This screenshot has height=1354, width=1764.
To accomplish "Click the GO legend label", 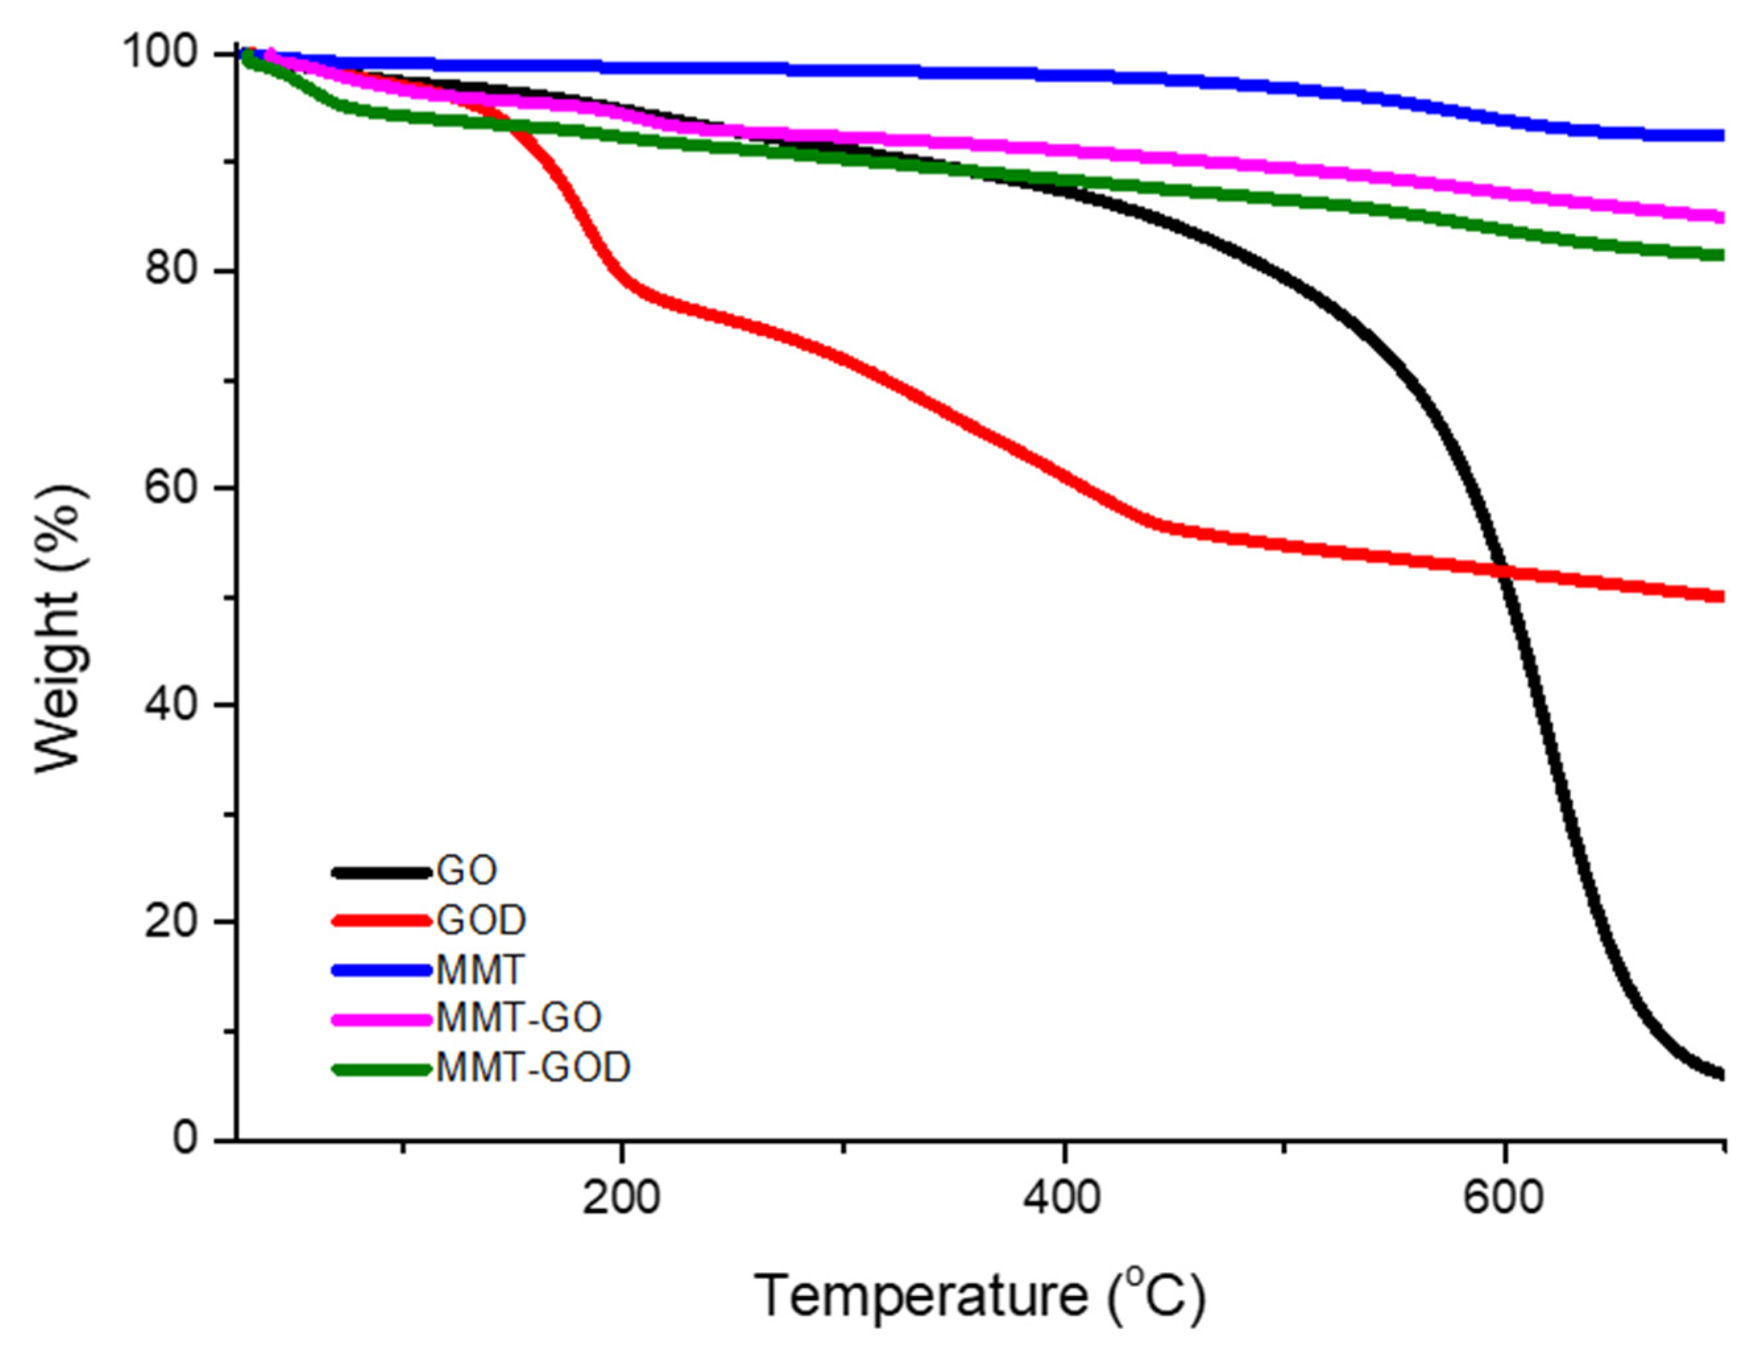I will coord(467,870).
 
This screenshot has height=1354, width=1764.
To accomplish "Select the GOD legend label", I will coord(481,920).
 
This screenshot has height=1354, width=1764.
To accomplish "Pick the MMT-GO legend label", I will coord(519,1018).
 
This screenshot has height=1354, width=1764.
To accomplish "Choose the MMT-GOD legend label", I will coord(533,1068).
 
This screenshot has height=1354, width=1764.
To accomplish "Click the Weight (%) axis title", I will coord(61,629).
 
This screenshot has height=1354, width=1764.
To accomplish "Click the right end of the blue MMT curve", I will coord(1721,134).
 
